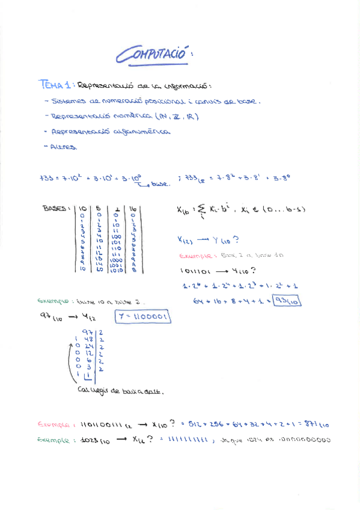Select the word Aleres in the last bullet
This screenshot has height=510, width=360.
point(64,146)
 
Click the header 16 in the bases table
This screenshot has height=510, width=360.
point(133,209)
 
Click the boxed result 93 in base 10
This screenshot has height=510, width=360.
point(286,301)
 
